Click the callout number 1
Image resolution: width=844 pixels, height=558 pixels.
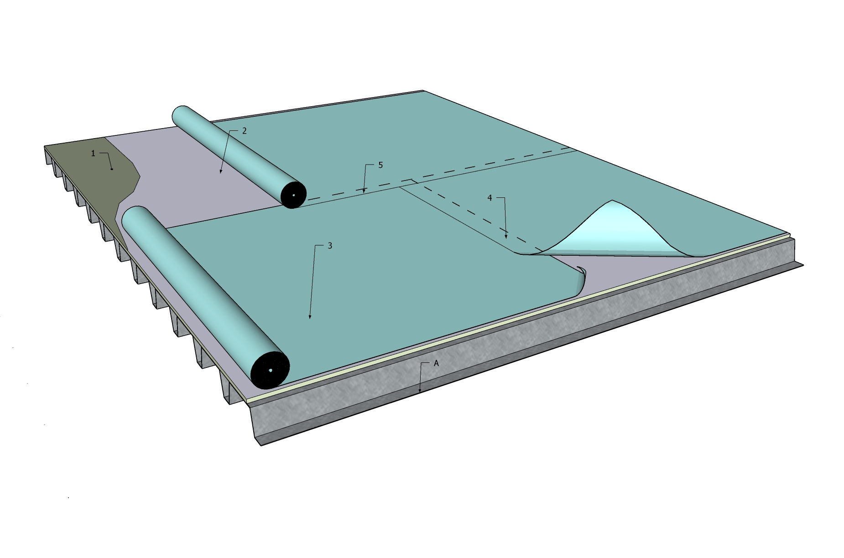coord(93,154)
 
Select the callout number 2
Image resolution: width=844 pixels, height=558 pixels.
coord(244,131)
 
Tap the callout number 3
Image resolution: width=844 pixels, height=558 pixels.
coord(330,246)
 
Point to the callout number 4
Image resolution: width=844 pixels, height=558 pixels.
coord(490,198)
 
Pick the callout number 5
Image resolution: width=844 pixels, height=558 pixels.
coord(381,165)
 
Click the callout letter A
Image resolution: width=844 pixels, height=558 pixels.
coord(436,363)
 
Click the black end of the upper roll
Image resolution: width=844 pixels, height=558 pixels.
coord(293,195)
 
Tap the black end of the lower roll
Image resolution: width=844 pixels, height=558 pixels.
coord(270,370)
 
